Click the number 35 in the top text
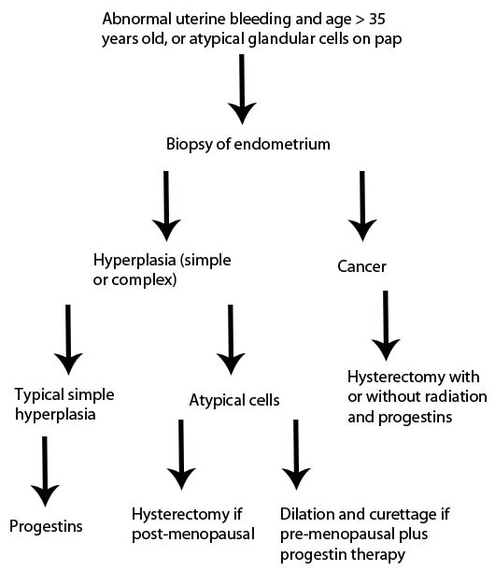[x=376, y=19]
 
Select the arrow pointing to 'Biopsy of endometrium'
[x=242, y=89]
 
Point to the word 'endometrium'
[x=282, y=144]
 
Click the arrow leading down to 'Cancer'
[x=362, y=207]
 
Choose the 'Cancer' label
[x=361, y=266]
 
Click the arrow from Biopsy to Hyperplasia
[x=166, y=207]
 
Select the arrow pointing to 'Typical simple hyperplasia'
[x=68, y=340]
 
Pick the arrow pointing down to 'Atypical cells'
[x=231, y=340]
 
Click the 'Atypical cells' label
[x=234, y=401]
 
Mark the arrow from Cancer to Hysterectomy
[x=386, y=325]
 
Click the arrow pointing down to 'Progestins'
[x=45, y=472]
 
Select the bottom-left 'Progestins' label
[x=46, y=527]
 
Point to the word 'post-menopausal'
[x=193, y=535]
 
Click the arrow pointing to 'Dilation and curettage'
[x=296, y=455]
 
